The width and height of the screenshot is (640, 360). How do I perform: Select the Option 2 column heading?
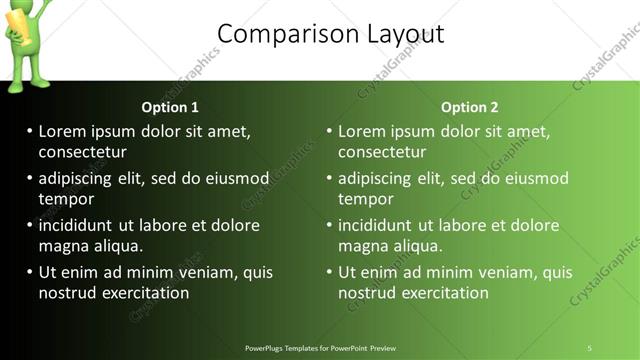469,107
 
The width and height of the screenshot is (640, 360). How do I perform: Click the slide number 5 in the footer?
590,348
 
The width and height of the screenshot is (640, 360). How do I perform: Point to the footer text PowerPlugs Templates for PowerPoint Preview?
321,348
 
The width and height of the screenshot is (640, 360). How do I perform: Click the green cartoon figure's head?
32,10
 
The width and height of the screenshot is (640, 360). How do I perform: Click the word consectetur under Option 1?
82,152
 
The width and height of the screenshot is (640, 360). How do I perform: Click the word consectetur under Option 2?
382,152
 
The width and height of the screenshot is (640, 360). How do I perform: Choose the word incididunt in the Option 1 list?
79,225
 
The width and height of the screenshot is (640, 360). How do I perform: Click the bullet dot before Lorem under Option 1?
29,131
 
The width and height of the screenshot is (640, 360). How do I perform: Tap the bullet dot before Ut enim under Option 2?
329,272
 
